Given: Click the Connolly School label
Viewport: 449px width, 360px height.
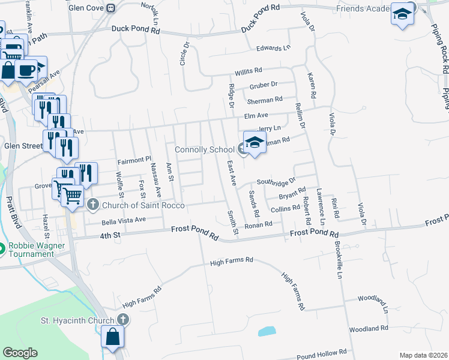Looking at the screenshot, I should click(205, 149).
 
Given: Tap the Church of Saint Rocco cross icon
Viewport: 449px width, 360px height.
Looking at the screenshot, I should click(92, 205).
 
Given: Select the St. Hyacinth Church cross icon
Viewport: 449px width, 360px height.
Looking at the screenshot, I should click(123, 319).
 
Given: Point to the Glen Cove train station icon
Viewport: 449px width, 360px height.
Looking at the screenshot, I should click(111, 8).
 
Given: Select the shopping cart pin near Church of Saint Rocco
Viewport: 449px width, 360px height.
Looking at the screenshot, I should click(72, 194).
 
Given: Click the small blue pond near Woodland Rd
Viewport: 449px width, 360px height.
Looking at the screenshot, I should click(267, 331).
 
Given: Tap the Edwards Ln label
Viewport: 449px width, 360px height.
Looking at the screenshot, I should click(273, 47).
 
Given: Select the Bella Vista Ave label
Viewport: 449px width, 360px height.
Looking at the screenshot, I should click(124, 220).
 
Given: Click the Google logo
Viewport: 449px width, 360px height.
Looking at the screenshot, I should click(20, 353).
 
